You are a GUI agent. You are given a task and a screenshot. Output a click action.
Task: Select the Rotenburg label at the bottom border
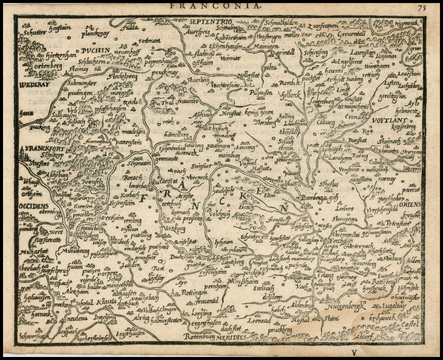[x=199, y=336]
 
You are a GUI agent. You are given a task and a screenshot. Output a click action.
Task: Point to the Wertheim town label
[x=111, y=218]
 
